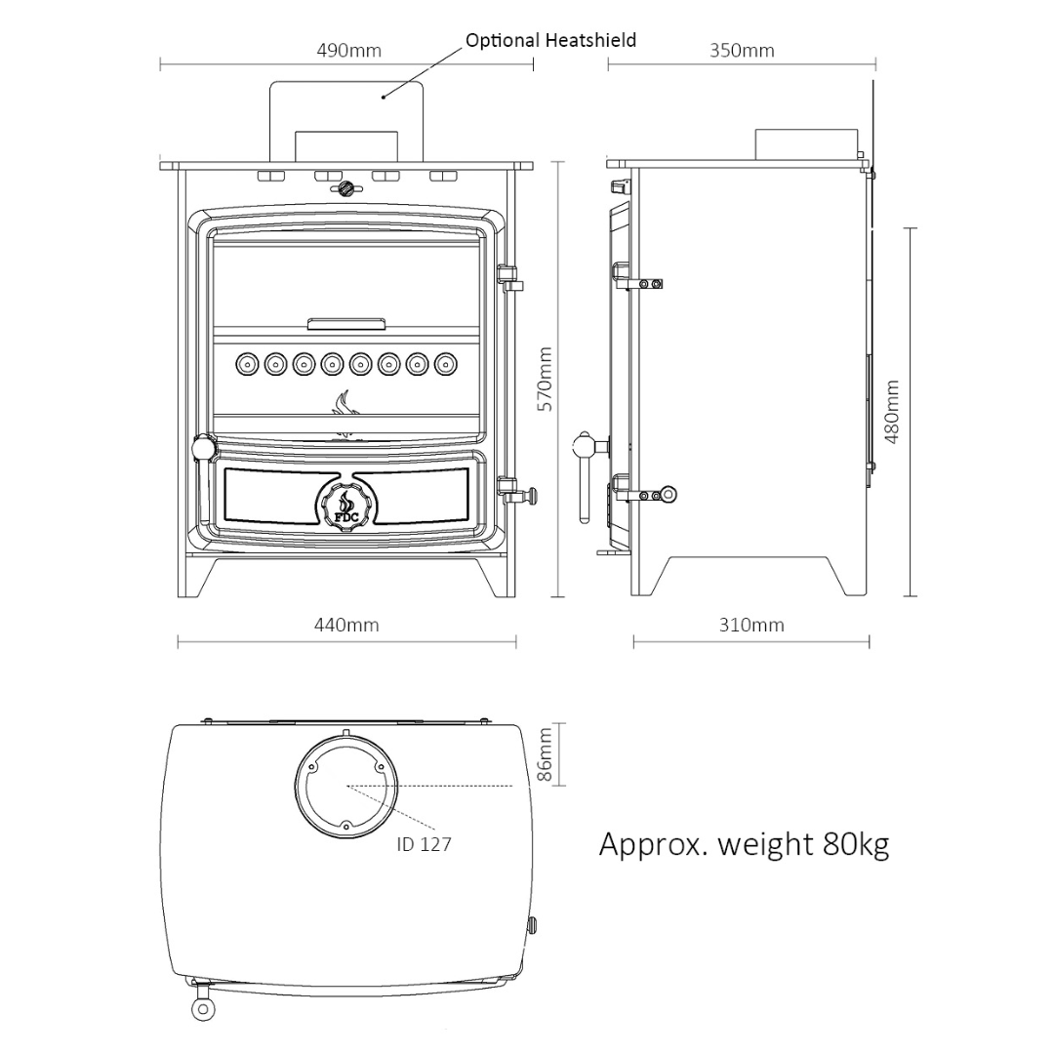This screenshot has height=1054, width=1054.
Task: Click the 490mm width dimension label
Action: pos(348,51)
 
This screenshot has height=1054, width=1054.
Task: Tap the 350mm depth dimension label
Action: pos(742,51)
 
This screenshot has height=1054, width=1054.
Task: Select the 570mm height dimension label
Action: pos(545,379)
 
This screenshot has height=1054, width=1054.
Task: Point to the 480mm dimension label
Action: pos(891,412)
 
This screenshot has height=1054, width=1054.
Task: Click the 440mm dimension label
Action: pos(346,625)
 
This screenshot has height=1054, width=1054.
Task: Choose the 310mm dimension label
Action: pos(751,625)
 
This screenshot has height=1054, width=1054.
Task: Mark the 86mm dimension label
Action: pos(545,753)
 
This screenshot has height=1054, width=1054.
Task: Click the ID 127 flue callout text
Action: pos(424,844)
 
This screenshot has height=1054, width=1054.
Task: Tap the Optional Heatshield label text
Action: pos(550,40)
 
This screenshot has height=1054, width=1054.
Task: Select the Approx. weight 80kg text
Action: pos(744,843)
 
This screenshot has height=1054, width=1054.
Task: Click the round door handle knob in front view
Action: pos(203,448)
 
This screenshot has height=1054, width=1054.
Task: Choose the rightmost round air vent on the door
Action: pos(445,364)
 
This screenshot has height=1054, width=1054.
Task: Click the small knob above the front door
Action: pos(345,189)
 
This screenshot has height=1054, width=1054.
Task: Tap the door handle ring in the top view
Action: pos(203,1008)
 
